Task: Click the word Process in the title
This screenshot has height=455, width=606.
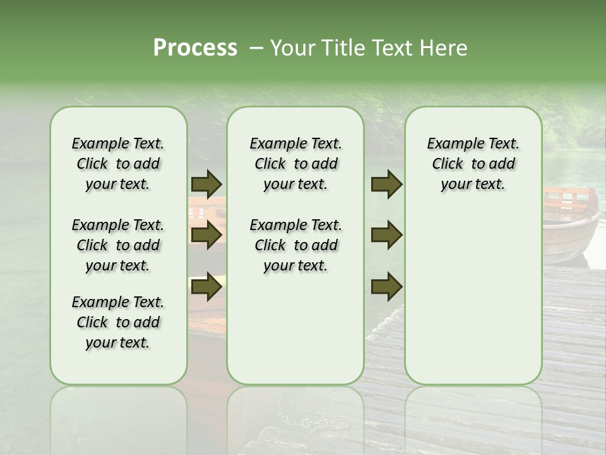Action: pyautogui.click(x=195, y=47)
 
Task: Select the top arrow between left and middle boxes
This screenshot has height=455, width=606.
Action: pyautogui.click(x=206, y=184)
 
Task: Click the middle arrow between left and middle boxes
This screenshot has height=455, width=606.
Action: pyautogui.click(x=206, y=235)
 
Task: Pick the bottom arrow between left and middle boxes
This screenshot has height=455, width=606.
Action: pyautogui.click(x=206, y=287)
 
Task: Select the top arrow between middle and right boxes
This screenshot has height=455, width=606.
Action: pyautogui.click(x=386, y=184)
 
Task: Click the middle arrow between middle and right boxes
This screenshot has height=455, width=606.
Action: pyautogui.click(x=386, y=235)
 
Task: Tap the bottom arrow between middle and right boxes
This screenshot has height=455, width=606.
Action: pyautogui.click(x=386, y=287)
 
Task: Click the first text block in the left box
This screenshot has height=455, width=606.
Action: pyautogui.click(x=118, y=164)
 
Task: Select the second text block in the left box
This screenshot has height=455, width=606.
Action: pyautogui.click(x=118, y=245)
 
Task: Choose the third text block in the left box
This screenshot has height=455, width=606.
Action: pyautogui.click(x=118, y=322)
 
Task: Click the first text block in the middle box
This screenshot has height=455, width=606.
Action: pyautogui.click(x=295, y=164)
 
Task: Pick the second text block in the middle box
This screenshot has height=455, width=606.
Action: pyautogui.click(x=295, y=245)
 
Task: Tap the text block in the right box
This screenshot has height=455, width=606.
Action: pyautogui.click(x=473, y=164)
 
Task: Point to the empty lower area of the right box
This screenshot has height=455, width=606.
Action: pyautogui.click(x=473, y=297)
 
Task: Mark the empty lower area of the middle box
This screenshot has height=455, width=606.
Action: pyautogui.click(x=295, y=329)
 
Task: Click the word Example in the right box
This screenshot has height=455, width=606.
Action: pyautogui.click(x=449, y=143)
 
